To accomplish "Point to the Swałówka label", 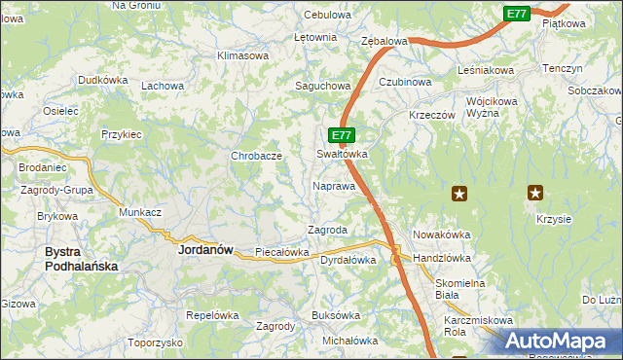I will pyautogui.click(x=342, y=154).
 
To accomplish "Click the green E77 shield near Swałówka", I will pyautogui.click(x=340, y=135).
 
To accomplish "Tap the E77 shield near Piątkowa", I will pyautogui.click(x=517, y=14).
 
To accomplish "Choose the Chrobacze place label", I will pyautogui.click(x=256, y=156).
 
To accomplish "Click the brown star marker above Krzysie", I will pyautogui.click(x=534, y=193).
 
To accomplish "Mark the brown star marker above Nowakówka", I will pyautogui.click(x=458, y=194).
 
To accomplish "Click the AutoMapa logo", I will pyautogui.click(x=559, y=342).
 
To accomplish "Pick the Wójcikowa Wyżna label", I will pyautogui.click(x=495, y=107).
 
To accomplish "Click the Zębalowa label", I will pyautogui.click(x=384, y=42).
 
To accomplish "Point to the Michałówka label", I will pyautogui.click(x=349, y=341).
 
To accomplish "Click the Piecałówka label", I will pyautogui.click(x=281, y=252).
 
